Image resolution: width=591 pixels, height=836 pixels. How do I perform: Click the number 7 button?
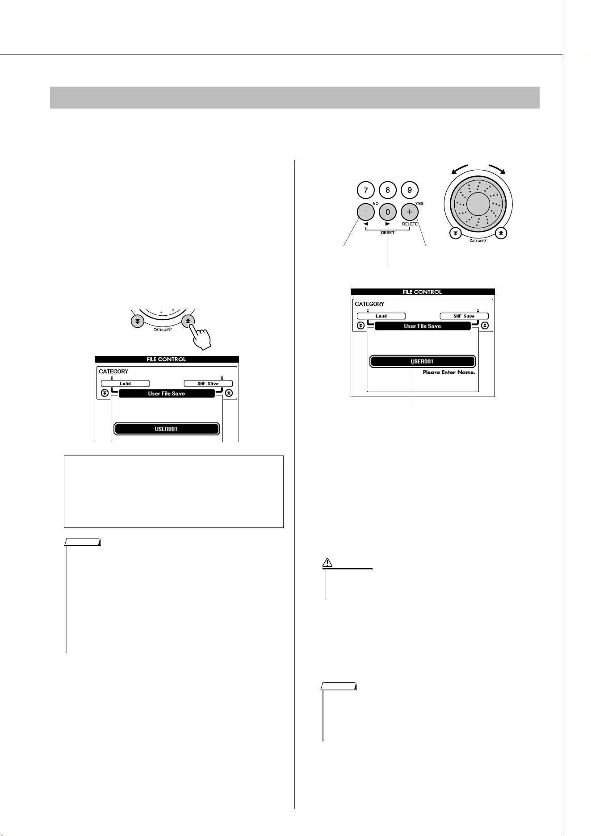point(365,190)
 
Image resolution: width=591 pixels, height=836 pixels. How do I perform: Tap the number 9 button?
point(410,190)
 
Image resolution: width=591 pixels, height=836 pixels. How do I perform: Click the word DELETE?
point(409,224)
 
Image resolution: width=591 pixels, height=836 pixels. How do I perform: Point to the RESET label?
point(388,233)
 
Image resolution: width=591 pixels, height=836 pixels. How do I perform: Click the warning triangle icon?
point(327,562)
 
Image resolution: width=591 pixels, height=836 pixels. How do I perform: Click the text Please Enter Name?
point(449,372)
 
